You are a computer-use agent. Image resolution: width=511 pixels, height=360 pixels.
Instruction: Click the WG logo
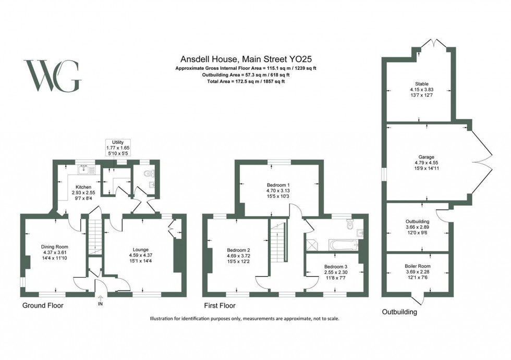52,77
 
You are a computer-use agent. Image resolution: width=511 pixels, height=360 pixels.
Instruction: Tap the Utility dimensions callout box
118,148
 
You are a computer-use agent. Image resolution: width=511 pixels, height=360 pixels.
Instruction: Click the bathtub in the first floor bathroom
342,244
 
